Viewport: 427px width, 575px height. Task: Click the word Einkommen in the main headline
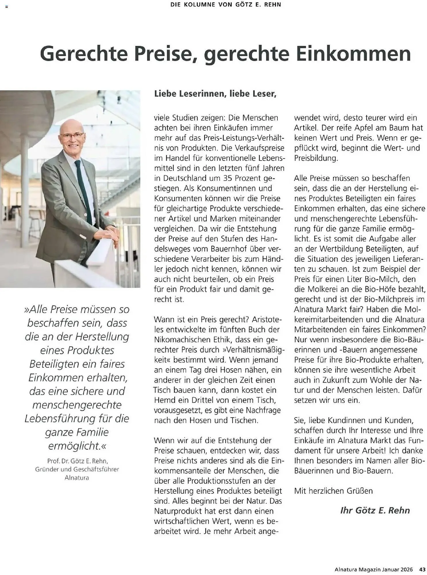353,54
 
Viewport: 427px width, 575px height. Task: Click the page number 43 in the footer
422,569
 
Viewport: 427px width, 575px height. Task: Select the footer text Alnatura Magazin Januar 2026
373,569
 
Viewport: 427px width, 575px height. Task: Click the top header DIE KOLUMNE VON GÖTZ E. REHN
226,5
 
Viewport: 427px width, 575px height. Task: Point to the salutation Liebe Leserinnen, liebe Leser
215,94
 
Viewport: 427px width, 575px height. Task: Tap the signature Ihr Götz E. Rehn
375,510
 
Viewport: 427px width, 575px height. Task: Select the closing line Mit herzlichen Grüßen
333,491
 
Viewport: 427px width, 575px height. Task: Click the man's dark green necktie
84,190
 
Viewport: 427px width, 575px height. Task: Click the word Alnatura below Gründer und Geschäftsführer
77,478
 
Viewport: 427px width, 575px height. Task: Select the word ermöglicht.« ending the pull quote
77,446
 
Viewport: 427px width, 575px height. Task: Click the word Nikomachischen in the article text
183,340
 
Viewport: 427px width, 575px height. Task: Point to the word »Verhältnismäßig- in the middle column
253,350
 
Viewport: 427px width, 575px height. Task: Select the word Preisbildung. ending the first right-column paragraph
316,158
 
